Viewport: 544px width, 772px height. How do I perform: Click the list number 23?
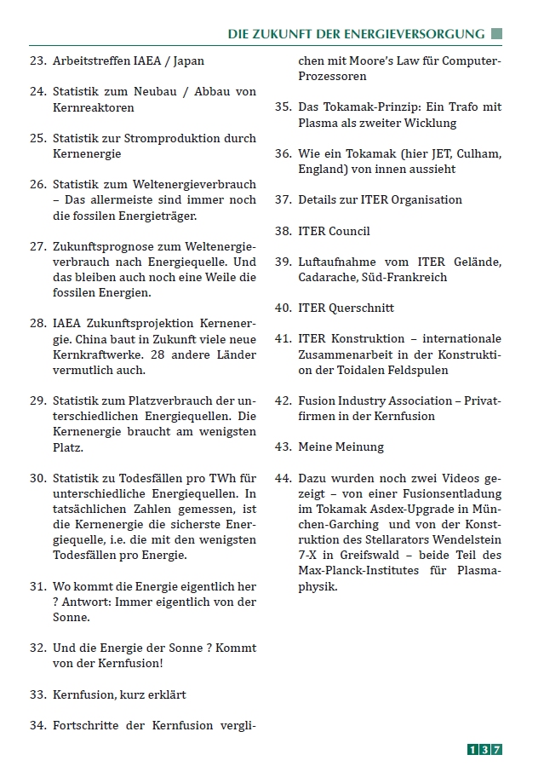coord(37,61)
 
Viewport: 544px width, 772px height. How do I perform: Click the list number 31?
coord(37,587)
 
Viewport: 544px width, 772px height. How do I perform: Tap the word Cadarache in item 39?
coord(327,277)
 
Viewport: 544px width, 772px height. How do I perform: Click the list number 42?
coord(283,400)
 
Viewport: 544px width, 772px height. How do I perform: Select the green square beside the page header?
coord(497,34)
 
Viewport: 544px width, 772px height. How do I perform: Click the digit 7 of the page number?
coord(497,749)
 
